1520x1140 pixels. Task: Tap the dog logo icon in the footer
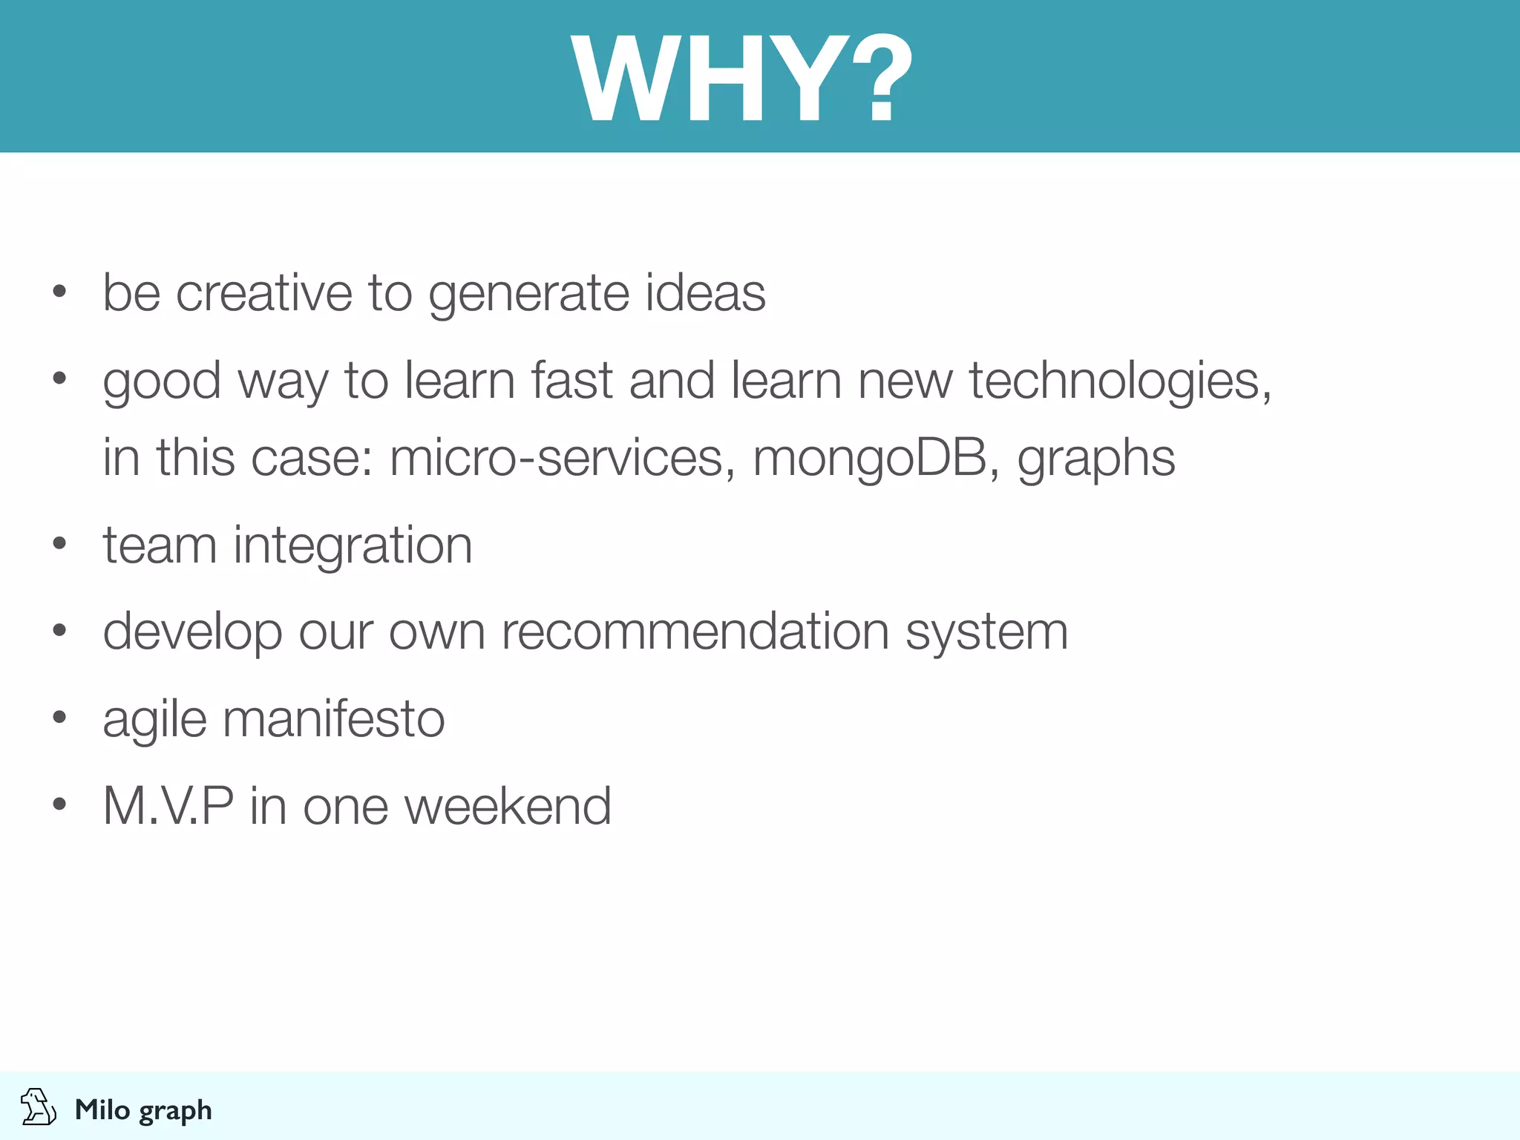tap(38, 1107)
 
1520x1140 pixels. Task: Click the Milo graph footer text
tap(143, 1110)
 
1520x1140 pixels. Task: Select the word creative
tap(263, 292)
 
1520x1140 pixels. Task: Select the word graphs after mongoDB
tap(1096, 459)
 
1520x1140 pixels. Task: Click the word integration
tap(353, 546)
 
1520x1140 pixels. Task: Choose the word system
tap(987, 633)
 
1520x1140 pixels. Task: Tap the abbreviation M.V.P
tap(168, 806)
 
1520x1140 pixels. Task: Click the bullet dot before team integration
tap(59, 544)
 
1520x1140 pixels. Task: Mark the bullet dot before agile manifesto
tap(59, 717)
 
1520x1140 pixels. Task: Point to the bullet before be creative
tap(59, 292)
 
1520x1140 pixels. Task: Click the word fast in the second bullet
tap(572, 381)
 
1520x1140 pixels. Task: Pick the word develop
tap(192, 633)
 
